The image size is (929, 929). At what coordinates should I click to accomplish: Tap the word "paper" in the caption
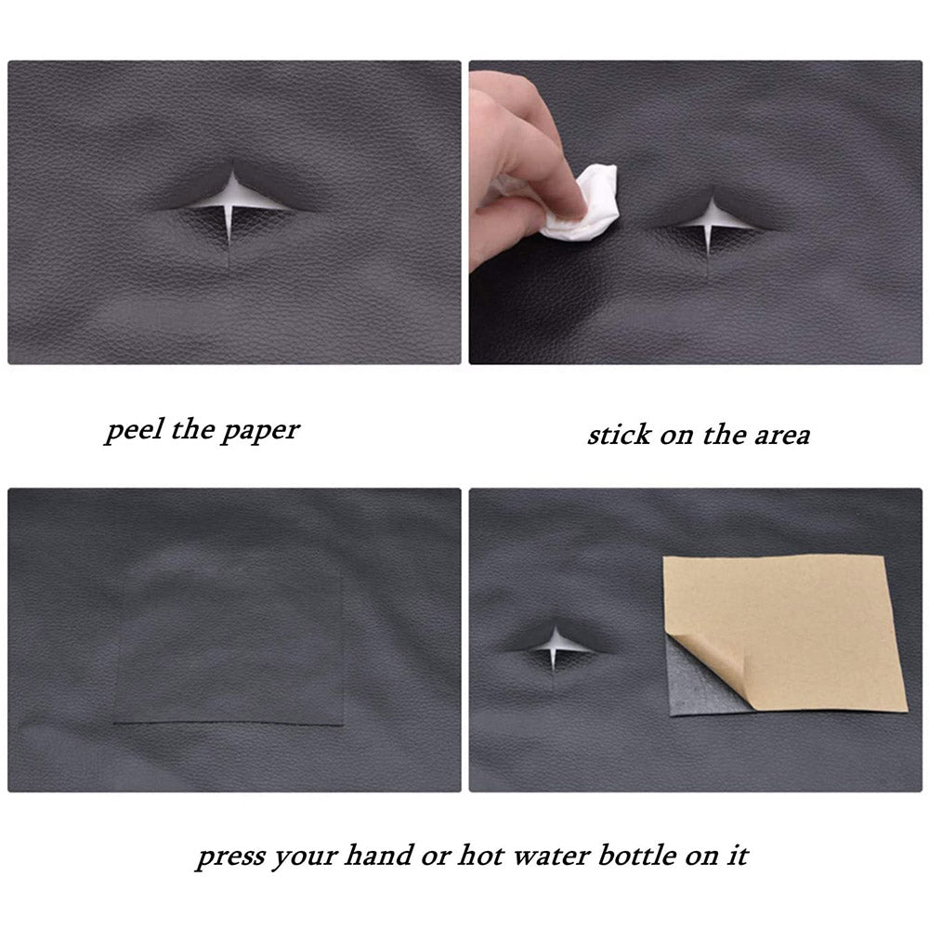[x=261, y=431]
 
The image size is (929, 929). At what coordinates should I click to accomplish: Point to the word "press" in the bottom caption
[x=230, y=857]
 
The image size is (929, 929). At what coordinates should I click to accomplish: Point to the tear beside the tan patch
[x=556, y=644]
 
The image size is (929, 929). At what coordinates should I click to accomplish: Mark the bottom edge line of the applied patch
[x=229, y=723]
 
